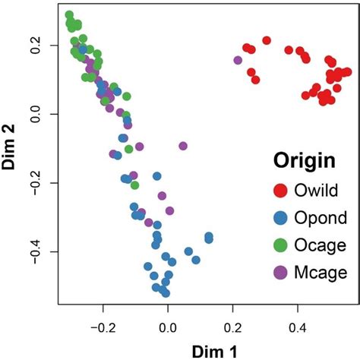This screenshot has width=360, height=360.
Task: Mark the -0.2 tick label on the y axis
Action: coord(38,183)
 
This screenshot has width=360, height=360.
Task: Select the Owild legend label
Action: coord(315,190)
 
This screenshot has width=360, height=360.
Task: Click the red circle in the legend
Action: coord(280,190)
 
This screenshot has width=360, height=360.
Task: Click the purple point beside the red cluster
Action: coord(238,60)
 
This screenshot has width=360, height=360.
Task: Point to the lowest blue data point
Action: coord(165,292)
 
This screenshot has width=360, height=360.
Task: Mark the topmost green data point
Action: coord(69,15)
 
